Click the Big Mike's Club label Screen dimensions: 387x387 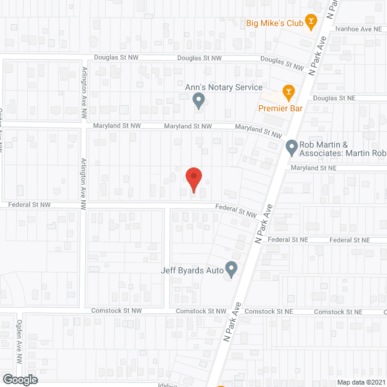273,24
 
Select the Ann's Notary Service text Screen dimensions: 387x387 224,88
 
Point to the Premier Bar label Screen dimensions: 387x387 280,108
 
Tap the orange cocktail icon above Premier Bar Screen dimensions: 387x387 288,92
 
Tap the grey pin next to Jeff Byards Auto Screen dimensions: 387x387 231,268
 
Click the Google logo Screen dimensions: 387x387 19,379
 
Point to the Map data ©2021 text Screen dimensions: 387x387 361,382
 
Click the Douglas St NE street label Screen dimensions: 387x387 333,97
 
